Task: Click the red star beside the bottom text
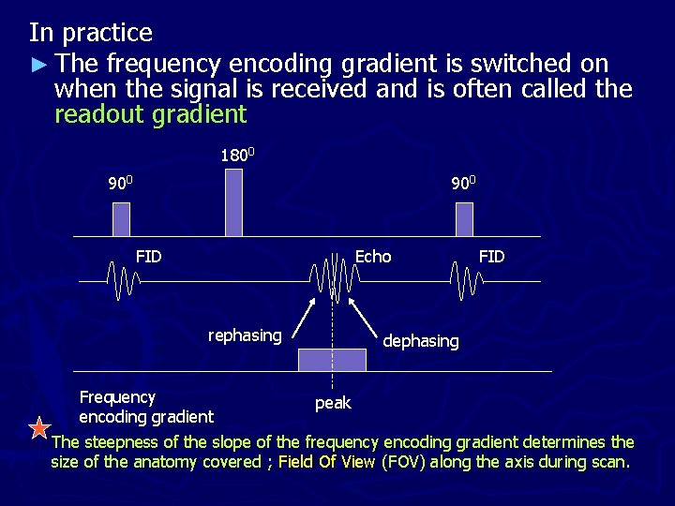tap(39, 429)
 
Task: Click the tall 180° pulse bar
tap(233, 202)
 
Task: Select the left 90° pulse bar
tap(121, 219)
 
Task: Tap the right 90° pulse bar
tap(464, 219)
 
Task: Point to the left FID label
tap(148, 256)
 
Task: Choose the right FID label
tap(491, 256)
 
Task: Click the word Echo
tap(373, 256)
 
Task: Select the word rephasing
tap(244, 335)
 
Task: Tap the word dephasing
tap(421, 341)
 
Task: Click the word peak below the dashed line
tap(333, 403)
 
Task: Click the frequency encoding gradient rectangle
tap(332, 360)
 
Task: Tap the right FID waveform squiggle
tap(465, 280)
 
